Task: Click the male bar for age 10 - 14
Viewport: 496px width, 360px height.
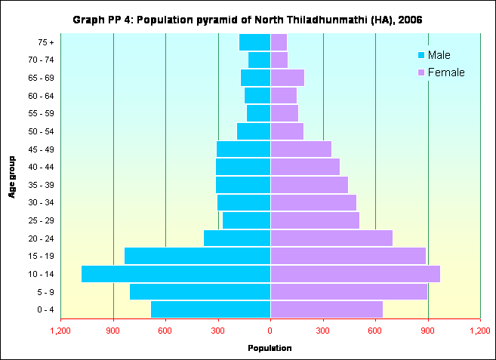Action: [x=176, y=274]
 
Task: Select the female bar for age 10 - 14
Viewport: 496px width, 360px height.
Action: [x=355, y=274]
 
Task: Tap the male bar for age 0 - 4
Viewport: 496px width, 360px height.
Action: [x=211, y=309]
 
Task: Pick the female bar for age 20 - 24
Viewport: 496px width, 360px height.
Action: [x=331, y=238]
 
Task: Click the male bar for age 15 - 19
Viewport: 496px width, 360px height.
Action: [x=197, y=256]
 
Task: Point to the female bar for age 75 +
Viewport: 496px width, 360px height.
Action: [x=279, y=42]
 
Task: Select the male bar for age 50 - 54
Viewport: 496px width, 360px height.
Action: [x=254, y=131]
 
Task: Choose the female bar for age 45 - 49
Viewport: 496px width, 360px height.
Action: [x=301, y=149]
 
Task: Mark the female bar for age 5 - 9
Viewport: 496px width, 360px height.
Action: [x=349, y=291]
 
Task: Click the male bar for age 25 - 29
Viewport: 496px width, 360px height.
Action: [x=246, y=220]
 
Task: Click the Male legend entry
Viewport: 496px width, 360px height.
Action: [x=434, y=55]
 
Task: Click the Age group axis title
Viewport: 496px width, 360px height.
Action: [x=13, y=177]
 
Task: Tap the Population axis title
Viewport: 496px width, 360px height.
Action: [x=270, y=348]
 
